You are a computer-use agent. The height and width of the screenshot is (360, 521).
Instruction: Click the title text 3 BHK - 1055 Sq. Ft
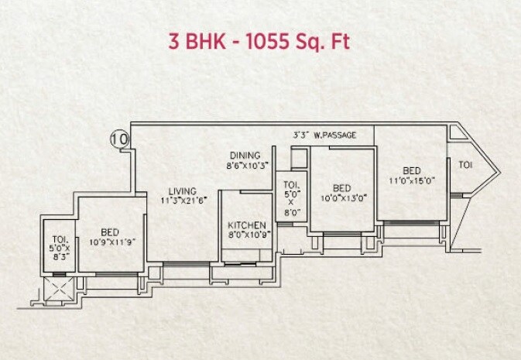260,40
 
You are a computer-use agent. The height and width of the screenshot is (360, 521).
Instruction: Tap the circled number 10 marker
119,139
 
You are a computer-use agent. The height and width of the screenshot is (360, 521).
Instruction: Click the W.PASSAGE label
336,135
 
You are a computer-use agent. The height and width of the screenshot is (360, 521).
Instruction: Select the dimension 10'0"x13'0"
343,197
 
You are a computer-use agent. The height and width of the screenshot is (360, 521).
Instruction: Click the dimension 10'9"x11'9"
111,242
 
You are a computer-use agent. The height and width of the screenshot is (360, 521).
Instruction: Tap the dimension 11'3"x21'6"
184,201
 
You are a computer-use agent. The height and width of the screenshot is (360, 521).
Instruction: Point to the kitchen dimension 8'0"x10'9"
247,233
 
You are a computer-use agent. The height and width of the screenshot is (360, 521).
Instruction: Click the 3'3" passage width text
301,135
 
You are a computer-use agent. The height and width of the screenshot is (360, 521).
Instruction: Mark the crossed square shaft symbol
59,288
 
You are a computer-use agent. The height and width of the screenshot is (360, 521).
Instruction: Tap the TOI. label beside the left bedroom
59,238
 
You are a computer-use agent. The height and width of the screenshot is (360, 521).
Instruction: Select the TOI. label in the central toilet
291,184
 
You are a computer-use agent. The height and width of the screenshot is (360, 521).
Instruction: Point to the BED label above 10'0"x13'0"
342,187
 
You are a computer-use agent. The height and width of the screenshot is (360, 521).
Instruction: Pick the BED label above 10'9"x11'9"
111,231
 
